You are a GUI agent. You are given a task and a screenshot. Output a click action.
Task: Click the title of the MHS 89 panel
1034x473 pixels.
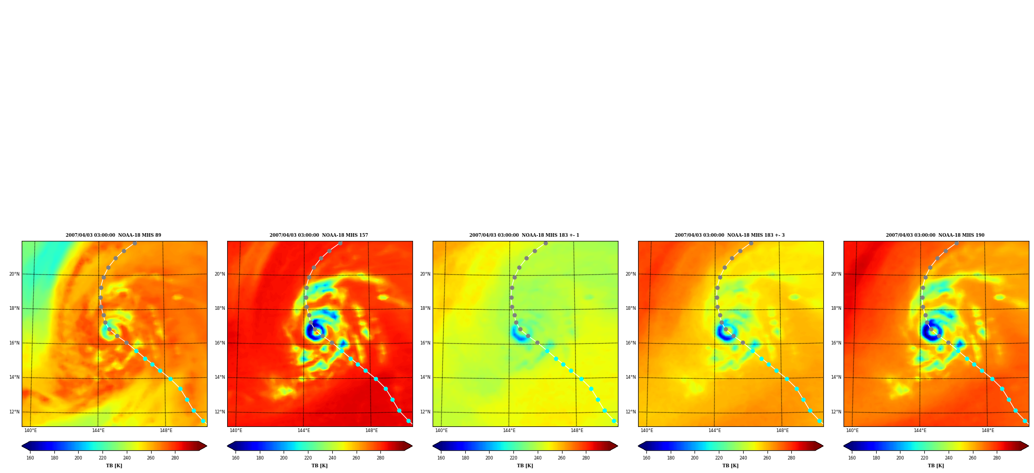point(113,235)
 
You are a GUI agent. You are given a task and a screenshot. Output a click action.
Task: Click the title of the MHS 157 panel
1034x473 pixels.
point(319,235)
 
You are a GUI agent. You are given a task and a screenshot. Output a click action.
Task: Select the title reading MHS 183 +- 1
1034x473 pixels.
point(524,235)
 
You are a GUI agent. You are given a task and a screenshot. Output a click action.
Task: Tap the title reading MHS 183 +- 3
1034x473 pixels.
point(730,235)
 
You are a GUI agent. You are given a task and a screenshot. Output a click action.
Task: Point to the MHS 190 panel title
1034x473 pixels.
point(935,235)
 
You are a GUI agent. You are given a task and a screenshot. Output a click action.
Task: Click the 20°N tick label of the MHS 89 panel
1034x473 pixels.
point(14,274)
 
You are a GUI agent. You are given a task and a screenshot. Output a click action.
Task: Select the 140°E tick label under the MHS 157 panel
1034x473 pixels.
point(236,431)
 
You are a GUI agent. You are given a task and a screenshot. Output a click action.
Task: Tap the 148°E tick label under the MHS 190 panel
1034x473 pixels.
point(988,431)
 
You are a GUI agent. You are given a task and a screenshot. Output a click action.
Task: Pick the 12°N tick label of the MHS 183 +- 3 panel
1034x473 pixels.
point(630,412)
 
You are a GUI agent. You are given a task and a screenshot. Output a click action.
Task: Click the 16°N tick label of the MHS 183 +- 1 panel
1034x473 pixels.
point(425,343)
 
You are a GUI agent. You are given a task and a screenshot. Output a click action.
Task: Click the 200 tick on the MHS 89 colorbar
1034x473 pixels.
point(78,458)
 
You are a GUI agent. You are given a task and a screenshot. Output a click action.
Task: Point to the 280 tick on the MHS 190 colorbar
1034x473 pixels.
point(997,458)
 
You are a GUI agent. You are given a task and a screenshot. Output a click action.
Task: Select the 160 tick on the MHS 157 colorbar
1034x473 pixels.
point(235,458)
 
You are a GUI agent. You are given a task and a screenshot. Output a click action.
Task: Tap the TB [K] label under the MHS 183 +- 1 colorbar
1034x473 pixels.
point(525,466)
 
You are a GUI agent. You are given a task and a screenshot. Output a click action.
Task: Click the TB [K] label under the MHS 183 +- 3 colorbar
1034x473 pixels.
point(730,466)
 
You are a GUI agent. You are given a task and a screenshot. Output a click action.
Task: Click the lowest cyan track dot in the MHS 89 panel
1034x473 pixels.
point(203,421)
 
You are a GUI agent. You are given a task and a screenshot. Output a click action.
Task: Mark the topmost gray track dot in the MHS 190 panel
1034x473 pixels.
point(956,243)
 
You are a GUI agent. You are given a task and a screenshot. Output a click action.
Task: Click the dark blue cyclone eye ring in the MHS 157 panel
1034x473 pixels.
point(315,332)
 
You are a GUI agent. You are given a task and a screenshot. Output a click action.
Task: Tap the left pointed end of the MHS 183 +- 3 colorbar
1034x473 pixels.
point(639,446)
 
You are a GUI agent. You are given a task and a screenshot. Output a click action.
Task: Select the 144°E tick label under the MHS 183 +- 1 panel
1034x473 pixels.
point(509,431)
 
